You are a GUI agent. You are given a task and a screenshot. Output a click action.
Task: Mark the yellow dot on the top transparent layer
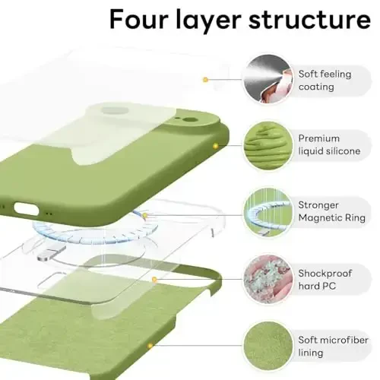[205, 79]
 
